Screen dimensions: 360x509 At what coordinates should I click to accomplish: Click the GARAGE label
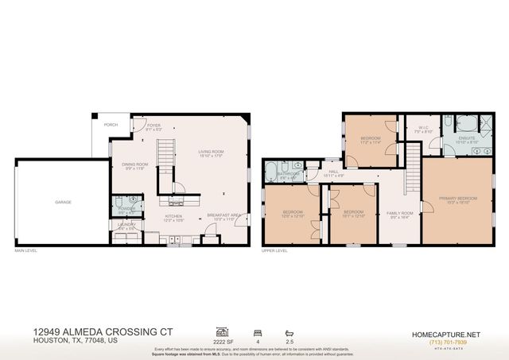(x=64, y=202)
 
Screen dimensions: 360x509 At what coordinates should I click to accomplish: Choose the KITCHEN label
(x=174, y=215)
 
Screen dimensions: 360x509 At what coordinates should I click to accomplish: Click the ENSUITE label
(x=468, y=137)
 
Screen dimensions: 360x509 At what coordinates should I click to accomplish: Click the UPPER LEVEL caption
(x=274, y=252)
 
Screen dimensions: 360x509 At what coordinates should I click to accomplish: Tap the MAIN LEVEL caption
(x=26, y=252)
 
